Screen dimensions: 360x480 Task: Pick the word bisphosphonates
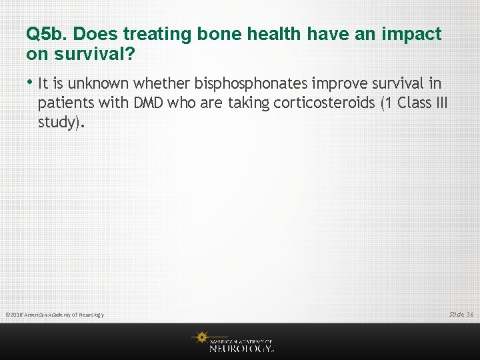click(253, 83)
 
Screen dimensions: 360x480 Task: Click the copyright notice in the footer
click(55, 314)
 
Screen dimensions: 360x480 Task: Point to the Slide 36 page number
click(461, 314)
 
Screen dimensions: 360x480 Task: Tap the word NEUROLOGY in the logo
click(240, 347)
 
